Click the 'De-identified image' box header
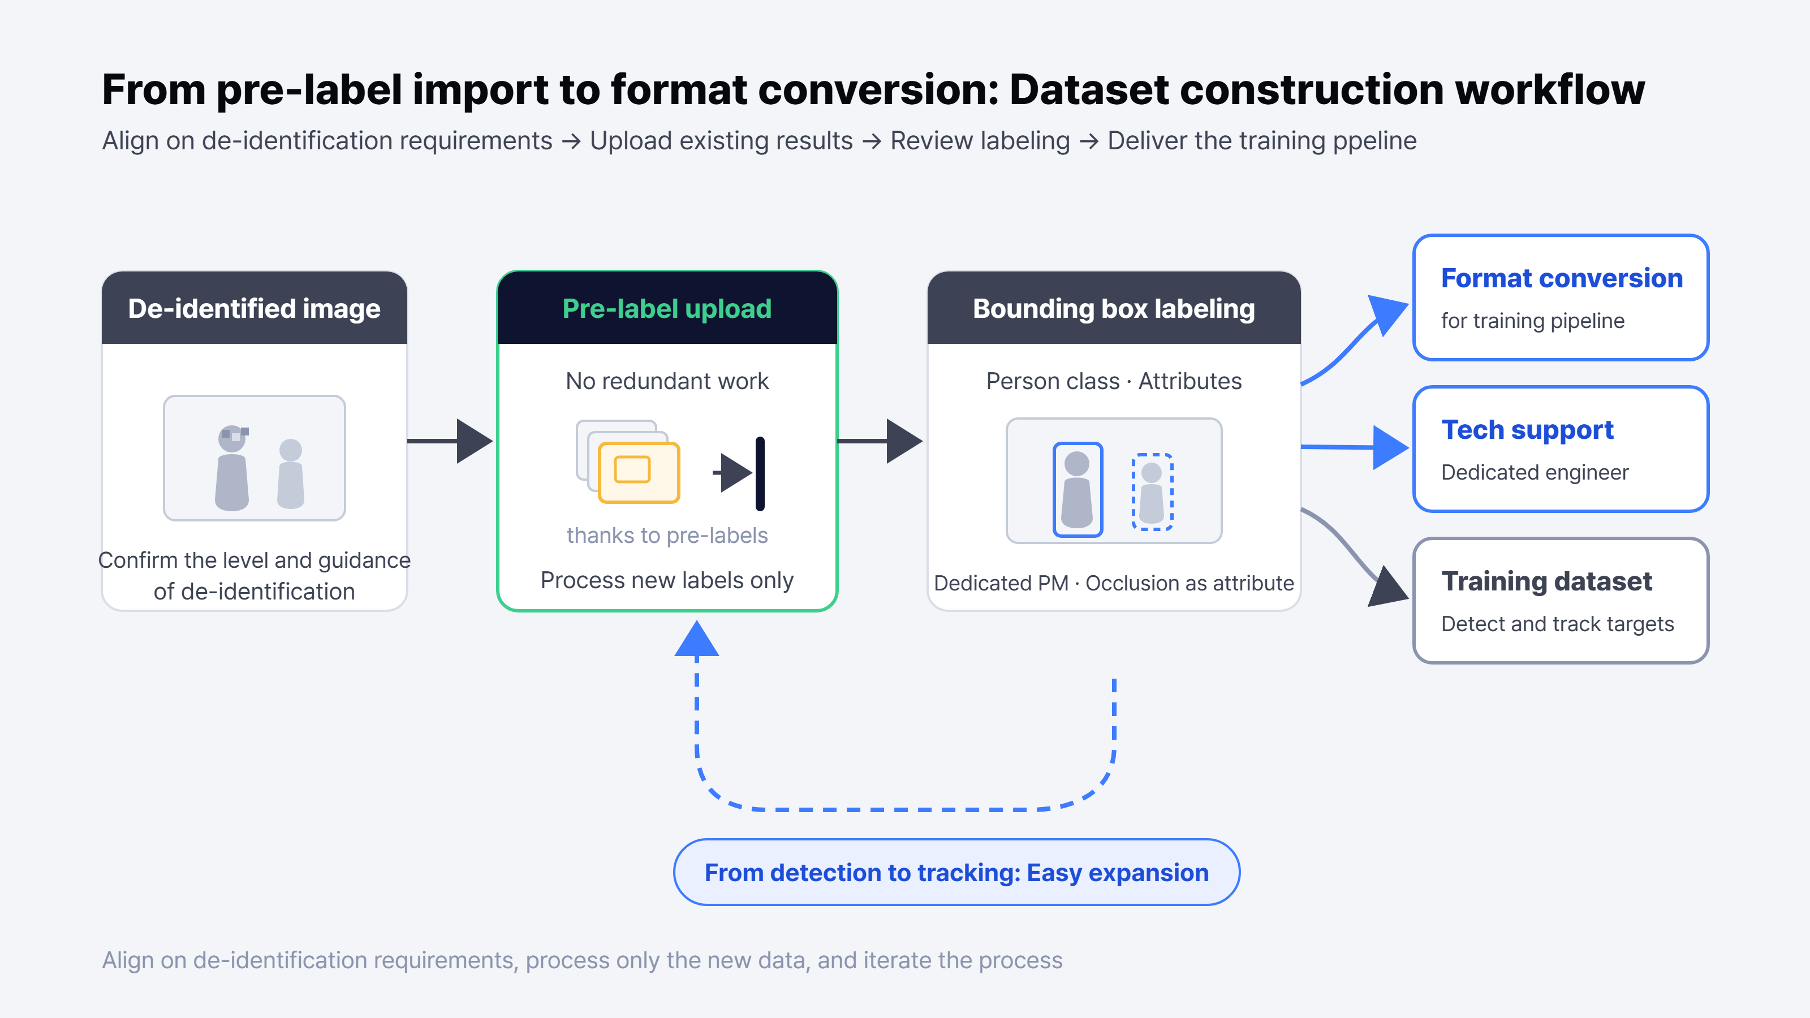(x=255, y=308)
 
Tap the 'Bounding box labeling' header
(x=1114, y=308)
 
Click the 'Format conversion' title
(x=1561, y=278)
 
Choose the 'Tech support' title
(x=1528, y=430)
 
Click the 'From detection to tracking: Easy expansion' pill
(x=956, y=872)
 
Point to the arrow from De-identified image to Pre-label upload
(x=450, y=441)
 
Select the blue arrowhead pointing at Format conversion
(x=1387, y=313)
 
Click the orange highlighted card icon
(x=639, y=472)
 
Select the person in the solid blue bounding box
(x=1077, y=490)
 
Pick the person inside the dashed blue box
(x=1152, y=492)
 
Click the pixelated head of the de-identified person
(x=232, y=438)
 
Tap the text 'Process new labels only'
(x=667, y=580)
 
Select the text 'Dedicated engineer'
(x=1535, y=472)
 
